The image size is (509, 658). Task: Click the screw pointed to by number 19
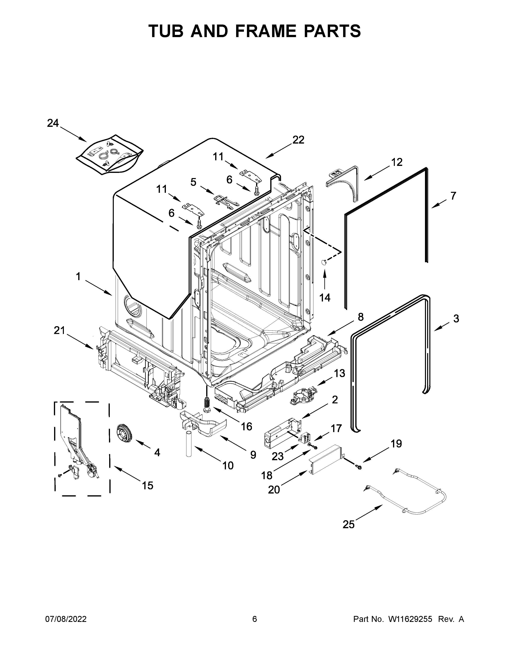358,475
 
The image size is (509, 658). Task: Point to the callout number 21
59,331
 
